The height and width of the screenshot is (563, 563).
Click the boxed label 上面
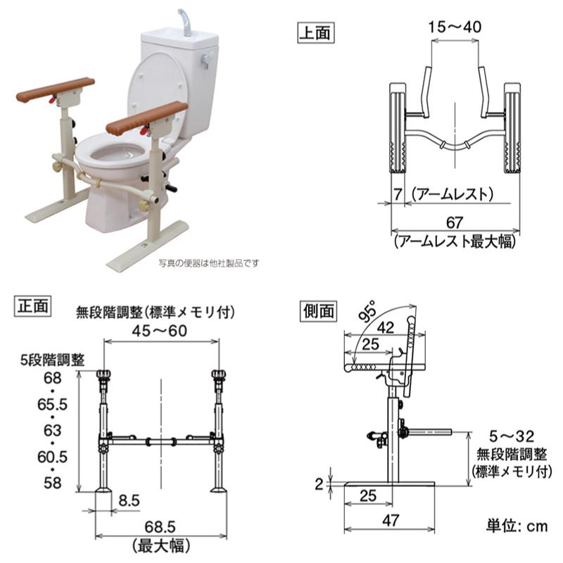pyautogui.click(x=315, y=32)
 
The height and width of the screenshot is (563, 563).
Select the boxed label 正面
pyautogui.click(x=32, y=306)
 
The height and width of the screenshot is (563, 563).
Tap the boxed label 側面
pyautogui.click(x=319, y=311)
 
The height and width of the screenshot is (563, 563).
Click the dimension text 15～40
pyautogui.click(x=455, y=27)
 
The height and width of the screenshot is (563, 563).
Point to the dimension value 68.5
pyautogui.click(x=160, y=526)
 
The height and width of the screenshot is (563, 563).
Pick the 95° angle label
pyautogui.click(x=367, y=311)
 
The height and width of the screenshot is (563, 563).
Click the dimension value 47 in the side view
pyautogui.click(x=391, y=520)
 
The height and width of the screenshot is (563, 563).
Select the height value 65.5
pyautogui.click(x=52, y=404)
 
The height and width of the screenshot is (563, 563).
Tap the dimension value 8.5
pyautogui.click(x=129, y=500)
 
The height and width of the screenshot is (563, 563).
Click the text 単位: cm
pyautogui.click(x=517, y=526)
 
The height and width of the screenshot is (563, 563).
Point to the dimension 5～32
pyautogui.click(x=512, y=436)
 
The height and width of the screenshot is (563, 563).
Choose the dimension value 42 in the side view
pyautogui.click(x=386, y=327)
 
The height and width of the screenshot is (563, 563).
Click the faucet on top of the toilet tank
pyautogui.click(x=185, y=23)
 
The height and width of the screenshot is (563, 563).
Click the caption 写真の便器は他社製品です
pyautogui.click(x=208, y=263)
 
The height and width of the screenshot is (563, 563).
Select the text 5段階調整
pyautogui.click(x=52, y=360)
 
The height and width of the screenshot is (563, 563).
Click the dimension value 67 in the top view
pyautogui.click(x=454, y=222)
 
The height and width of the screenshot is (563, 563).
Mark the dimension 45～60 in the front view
pyautogui.click(x=160, y=331)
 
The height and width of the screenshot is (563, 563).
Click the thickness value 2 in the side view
pyautogui.click(x=319, y=484)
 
